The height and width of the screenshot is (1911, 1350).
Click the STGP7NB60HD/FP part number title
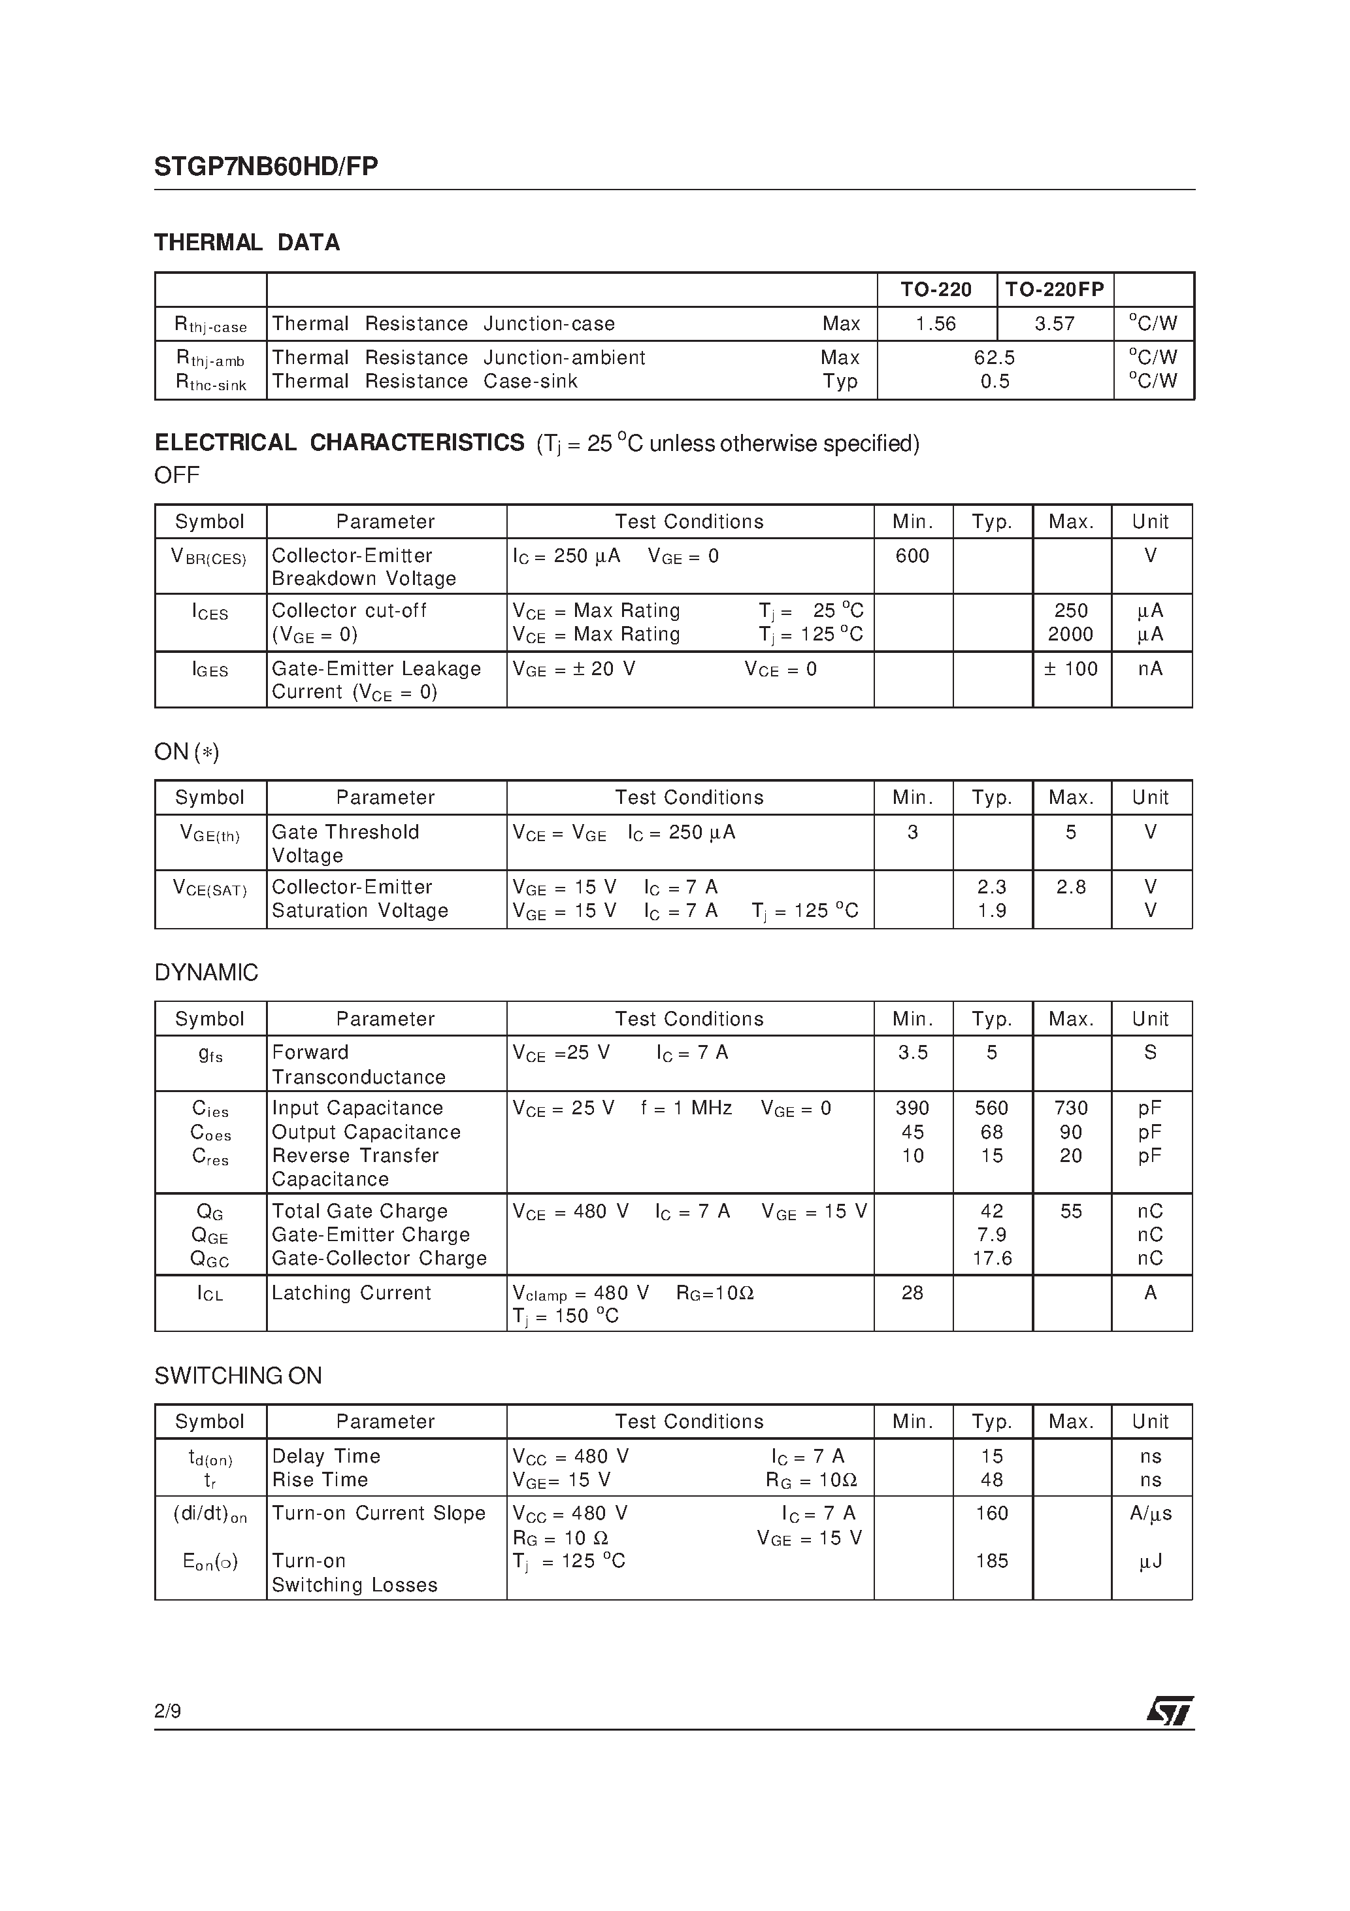point(267,167)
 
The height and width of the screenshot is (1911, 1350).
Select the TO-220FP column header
point(1054,290)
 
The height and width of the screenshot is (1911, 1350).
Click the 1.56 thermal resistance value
point(936,324)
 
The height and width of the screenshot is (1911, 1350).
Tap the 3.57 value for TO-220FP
point(1054,324)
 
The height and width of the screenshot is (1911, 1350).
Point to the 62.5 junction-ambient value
point(994,358)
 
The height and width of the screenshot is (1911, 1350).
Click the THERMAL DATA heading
point(247,243)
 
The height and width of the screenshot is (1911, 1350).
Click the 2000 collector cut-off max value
point(1070,634)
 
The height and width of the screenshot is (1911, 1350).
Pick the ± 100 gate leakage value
point(1070,669)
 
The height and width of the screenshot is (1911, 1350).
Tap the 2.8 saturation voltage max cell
point(1070,888)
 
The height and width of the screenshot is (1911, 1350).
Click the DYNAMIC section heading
point(206,972)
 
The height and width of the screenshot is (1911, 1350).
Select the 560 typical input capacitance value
point(991,1108)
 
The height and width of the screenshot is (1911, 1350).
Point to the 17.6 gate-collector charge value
point(991,1259)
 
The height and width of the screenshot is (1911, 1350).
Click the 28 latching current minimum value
point(912,1293)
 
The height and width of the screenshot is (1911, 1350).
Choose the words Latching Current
point(352,1293)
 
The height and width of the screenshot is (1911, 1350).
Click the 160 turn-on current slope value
point(991,1513)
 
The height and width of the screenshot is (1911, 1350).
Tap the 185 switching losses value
point(991,1561)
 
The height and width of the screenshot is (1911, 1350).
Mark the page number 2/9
point(167,1711)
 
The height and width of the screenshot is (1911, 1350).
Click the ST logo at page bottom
point(1170,1711)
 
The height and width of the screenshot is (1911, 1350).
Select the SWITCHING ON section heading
point(238,1376)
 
